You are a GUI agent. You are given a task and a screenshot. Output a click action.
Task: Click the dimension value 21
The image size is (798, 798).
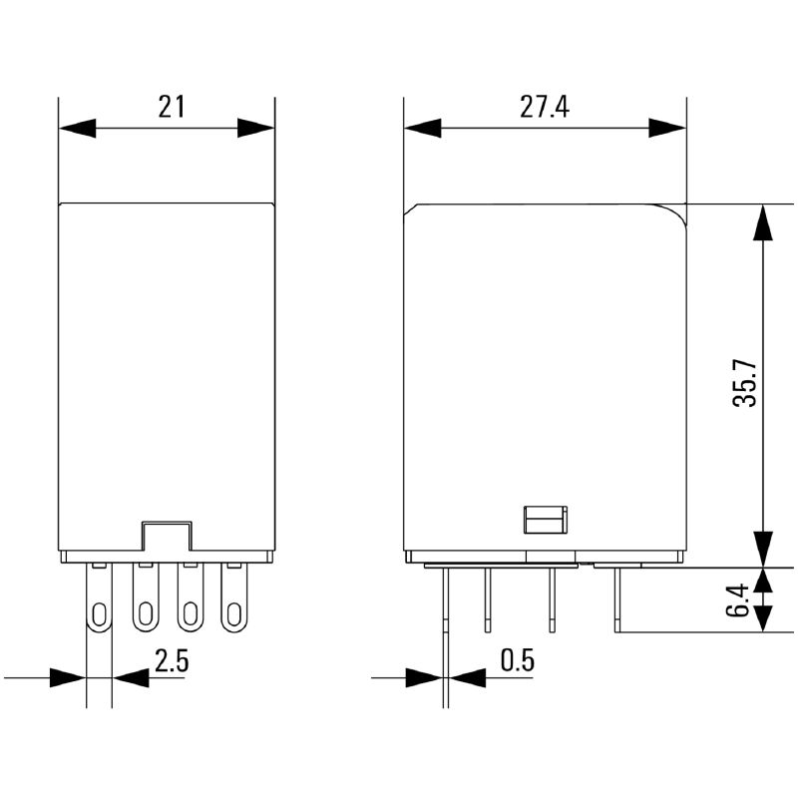pos(171,107)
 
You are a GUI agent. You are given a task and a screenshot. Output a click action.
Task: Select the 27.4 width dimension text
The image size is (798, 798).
pos(545,107)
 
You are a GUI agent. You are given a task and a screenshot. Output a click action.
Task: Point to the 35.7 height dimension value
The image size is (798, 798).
pos(745,383)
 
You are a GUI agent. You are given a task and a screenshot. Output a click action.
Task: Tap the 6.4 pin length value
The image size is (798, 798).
pos(737,600)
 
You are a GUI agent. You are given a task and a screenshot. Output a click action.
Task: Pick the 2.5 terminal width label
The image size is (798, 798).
pos(172,661)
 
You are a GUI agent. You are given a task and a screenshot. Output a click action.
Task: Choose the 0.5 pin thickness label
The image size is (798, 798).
pos(518,660)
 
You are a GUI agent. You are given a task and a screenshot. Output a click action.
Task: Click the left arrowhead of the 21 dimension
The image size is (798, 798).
pos(78,129)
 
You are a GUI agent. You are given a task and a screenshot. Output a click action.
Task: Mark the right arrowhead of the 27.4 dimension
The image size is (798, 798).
pos(667,129)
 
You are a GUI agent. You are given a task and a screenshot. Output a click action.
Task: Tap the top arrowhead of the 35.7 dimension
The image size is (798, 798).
pos(763,222)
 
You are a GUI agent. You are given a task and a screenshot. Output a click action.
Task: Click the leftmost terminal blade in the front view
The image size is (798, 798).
pos(99,597)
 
